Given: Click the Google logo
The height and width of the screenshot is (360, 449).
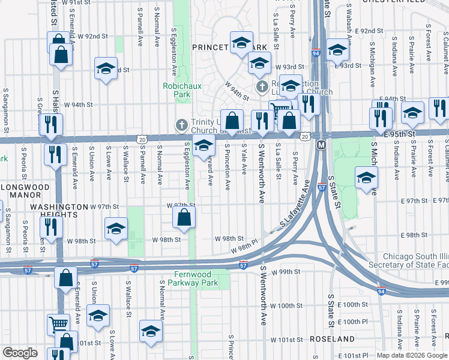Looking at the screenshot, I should point(20,353).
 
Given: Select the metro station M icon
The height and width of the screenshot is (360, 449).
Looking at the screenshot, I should point(321,145).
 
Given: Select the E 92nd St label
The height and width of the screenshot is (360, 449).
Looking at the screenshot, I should point(369,31).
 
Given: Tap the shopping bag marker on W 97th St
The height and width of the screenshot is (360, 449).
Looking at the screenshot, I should point(184,217).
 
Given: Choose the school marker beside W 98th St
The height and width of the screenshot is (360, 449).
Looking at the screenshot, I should point(116,229).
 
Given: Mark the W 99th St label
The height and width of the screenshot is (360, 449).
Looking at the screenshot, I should point(285,272).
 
